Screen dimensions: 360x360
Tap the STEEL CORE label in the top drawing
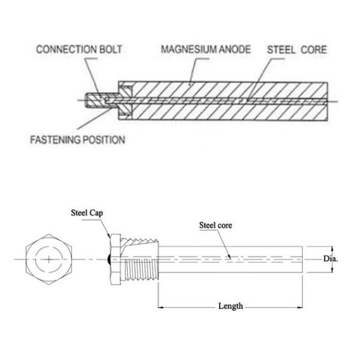point(296,49)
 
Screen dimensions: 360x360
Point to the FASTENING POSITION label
point(77,140)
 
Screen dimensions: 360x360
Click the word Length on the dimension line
point(231,306)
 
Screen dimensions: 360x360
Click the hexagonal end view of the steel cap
point(47,259)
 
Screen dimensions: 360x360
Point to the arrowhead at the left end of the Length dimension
point(161,306)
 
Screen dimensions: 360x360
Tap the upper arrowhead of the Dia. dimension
point(331,248)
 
